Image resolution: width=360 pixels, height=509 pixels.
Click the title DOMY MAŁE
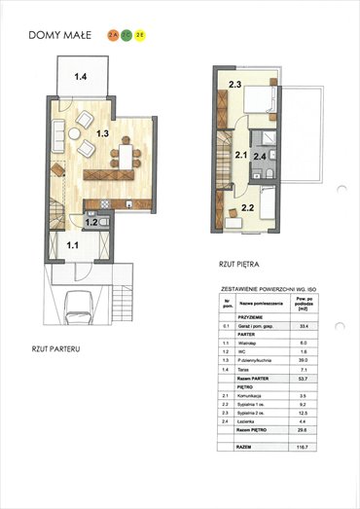coord(60,34)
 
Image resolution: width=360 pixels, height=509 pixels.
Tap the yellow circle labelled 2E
coord(141,34)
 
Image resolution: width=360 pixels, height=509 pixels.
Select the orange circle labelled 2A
coord(113,34)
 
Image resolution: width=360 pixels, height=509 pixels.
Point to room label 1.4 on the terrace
coord(81,75)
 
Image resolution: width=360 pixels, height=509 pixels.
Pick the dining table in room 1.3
coord(126,155)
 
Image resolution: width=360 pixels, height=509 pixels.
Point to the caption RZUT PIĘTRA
coord(238,264)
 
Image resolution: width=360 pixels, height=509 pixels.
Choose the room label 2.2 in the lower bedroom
coord(247,206)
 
